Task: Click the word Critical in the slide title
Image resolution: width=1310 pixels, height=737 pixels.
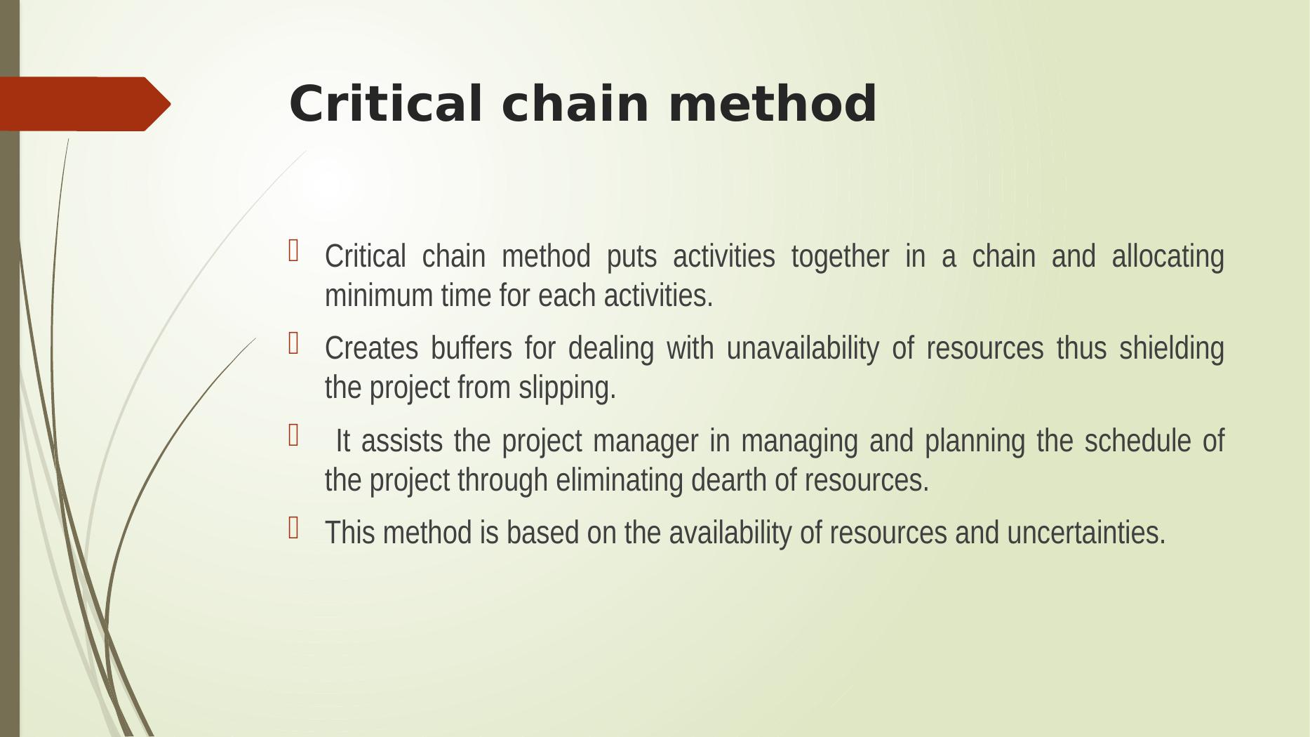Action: pos(386,103)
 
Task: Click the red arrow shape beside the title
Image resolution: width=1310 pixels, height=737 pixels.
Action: pos(85,104)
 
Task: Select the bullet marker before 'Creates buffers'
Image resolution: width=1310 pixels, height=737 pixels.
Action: pos(293,343)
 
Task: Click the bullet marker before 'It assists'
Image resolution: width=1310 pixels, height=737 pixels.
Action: pos(293,436)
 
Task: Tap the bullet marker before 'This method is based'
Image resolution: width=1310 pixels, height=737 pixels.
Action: pos(293,528)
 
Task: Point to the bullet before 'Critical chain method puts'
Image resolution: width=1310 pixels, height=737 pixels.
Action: pos(293,251)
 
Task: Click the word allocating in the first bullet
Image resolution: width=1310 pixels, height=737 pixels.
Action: pos(1168,257)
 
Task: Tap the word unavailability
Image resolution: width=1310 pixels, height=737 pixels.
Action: pos(802,349)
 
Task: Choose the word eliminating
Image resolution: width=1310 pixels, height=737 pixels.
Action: pos(620,482)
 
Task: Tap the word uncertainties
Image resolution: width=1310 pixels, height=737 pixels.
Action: pos(1086,533)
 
